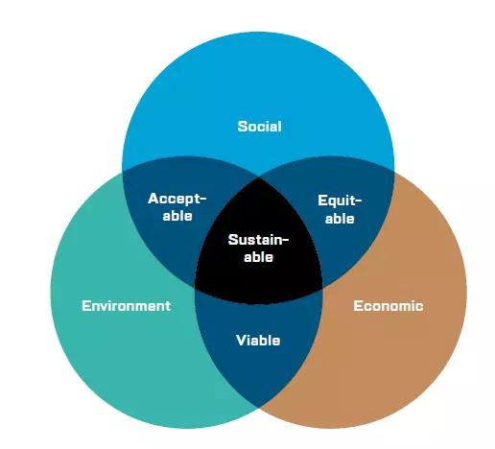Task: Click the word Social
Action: (259, 127)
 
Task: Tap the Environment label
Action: (127, 306)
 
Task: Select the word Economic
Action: (389, 306)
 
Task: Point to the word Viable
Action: (258, 341)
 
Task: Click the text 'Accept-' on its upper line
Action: (177, 199)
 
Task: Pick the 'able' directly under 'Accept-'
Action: (177, 216)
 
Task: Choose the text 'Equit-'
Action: (340, 201)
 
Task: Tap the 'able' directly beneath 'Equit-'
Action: (340, 219)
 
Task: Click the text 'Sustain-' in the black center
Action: (258, 240)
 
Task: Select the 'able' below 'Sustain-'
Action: (258, 257)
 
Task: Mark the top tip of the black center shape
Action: (258, 177)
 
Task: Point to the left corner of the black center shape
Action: (195, 287)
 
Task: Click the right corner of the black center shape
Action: (322, 287)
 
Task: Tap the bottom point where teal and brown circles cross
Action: (258, 408)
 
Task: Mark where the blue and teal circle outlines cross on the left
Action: (123, 173)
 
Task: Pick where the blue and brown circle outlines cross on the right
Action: (394, 173)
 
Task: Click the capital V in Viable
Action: (241, 341)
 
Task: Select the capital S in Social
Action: (242, 127)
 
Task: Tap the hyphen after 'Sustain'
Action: (285, 239)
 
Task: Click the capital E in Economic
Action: (358, 306)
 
